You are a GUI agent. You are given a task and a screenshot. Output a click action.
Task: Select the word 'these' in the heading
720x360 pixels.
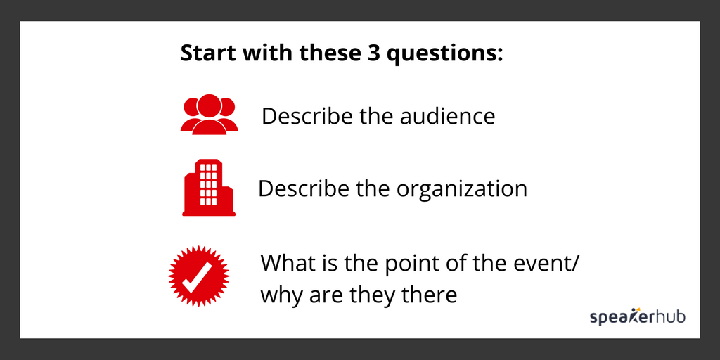tap(314, 53)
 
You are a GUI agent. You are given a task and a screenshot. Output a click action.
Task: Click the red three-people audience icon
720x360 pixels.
tap(209, 114)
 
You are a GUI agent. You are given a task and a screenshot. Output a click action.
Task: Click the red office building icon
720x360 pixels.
tap(208, 188)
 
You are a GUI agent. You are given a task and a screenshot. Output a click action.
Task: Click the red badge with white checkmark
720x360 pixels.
tap(200, 276)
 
